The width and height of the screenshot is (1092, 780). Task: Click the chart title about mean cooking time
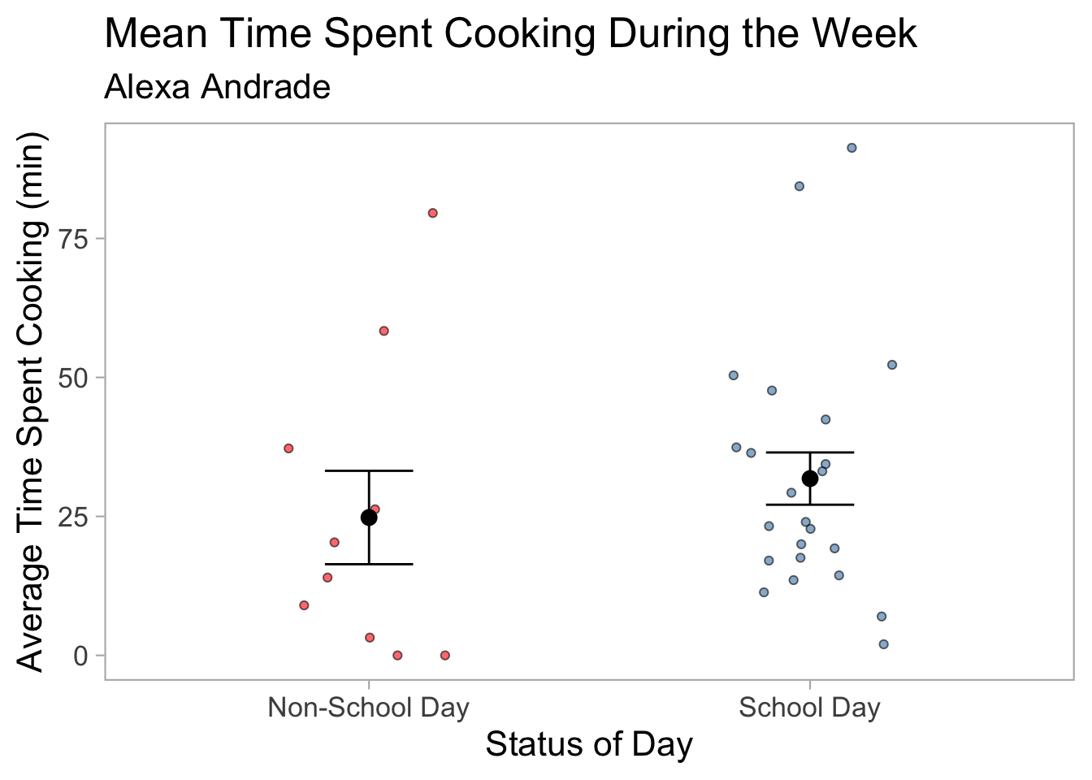click(x=510, y=35)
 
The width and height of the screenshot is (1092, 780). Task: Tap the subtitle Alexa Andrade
click(x=217, y=87)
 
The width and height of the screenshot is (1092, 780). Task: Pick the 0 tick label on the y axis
click(x=80, y=656)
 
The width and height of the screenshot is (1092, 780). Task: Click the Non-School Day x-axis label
click(x=368, y=708)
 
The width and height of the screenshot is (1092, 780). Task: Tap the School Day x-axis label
click(x=809, y=708)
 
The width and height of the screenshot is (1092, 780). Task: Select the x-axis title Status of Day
click(x=589, y=745)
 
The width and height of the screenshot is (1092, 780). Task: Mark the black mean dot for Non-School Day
click(x=369, y=518)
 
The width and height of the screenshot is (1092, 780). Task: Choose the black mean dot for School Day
click(x=810, y=479)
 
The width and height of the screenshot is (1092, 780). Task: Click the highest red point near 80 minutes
click(x=433, y=213)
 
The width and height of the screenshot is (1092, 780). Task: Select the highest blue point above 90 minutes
click(x=851, y=148)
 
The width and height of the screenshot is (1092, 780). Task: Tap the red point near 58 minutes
click(x=383, y=331)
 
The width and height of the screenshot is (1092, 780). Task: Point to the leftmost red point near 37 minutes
click(x=288, y=448)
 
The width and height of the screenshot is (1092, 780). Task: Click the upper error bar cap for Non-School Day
click(x=369, y=470)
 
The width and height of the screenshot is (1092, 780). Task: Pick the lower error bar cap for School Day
click(x=810, y=505)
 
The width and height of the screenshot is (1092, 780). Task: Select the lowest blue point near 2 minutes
click(x=883, y=644)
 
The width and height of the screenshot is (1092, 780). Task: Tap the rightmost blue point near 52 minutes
click(x=891, y=365)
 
